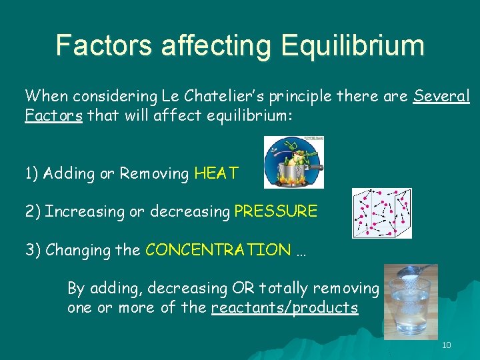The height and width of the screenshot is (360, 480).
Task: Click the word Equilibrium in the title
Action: (x=353, y=46)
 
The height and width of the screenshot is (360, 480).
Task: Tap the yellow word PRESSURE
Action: (x=276, y=212)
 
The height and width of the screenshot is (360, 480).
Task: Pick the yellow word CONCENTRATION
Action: (x=218, y=251)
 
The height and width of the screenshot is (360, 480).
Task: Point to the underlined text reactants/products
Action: (x=284, y=308)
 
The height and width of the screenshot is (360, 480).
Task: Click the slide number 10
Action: (x=446, y=345)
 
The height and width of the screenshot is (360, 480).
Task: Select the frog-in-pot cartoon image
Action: (x=293, y=162)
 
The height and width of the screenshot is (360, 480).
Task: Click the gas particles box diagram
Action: (x=381, y=213)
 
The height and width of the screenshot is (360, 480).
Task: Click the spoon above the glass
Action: (x=412, y=272)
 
